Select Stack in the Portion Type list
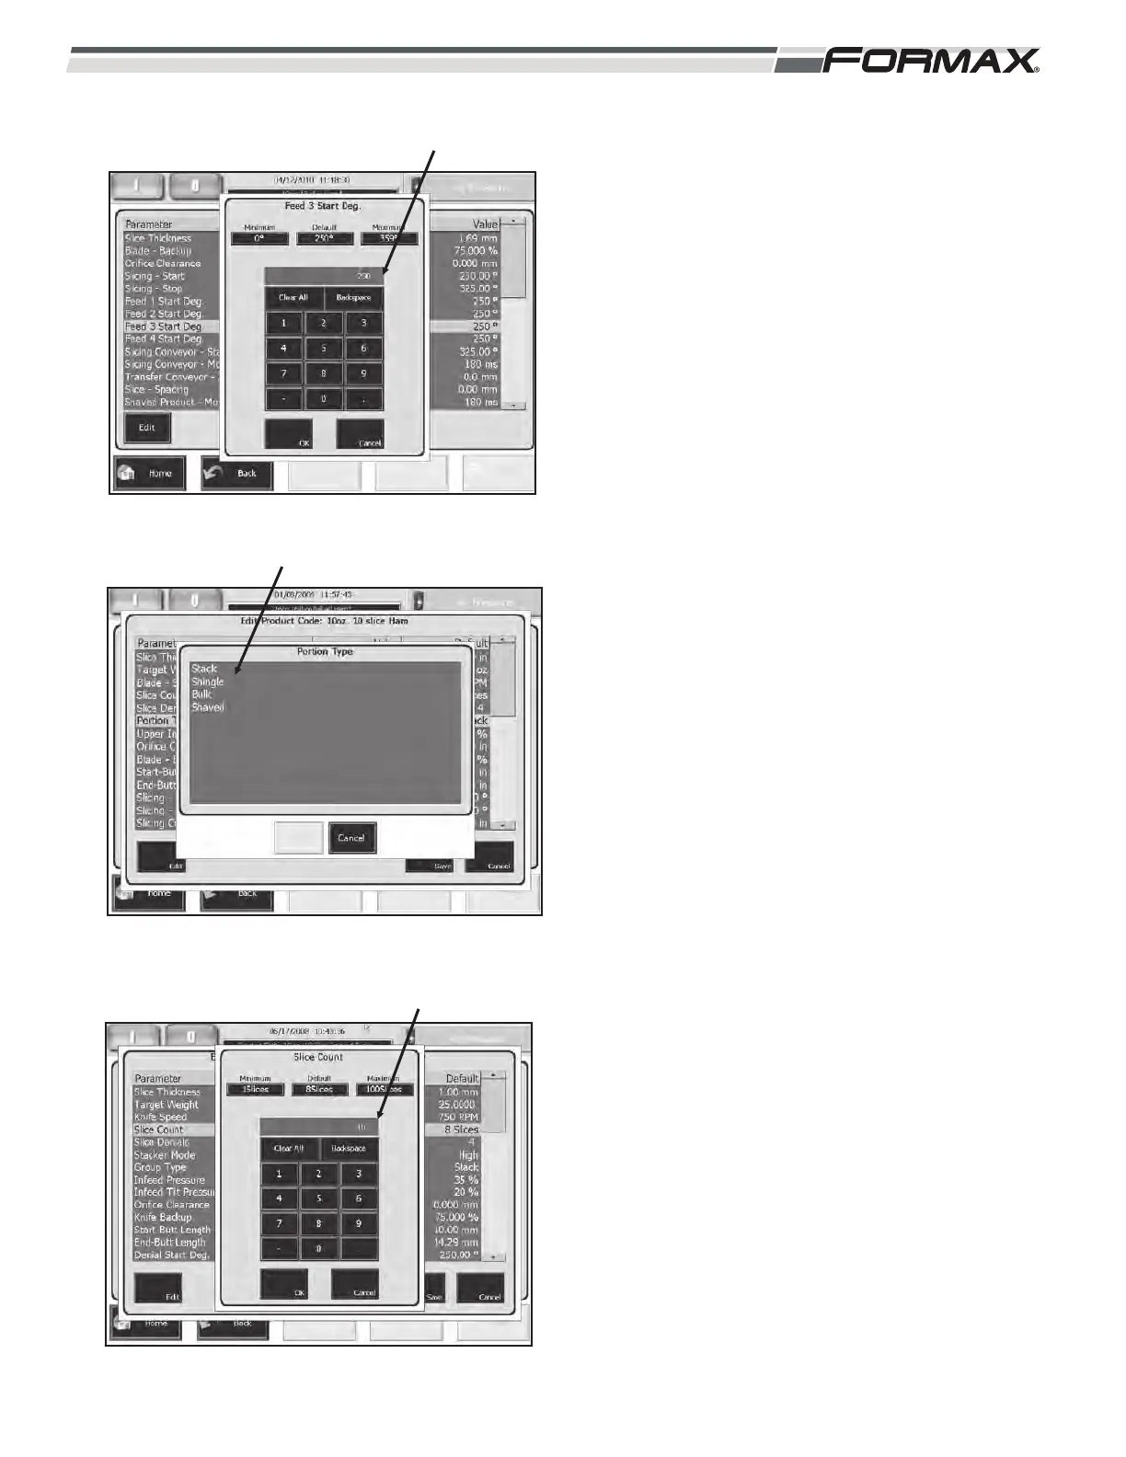click(204, 669)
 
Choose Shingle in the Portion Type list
click(208, 682)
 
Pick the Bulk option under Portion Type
click(201, 694)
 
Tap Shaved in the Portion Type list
click(208, 707)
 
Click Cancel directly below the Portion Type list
click(351, 838)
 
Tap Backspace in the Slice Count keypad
click(349, 1149)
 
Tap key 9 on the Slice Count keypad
click(359, 1223)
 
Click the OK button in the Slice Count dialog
click(284, 1284)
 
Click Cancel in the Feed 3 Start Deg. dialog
click(360, 434)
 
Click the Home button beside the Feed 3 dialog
click(150, 473)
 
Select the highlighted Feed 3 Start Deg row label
click(164, 327)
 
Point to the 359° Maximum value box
click(388, 238)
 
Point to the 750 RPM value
click(457, 1117)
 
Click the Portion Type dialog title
click(325, 651)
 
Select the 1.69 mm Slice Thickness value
click(478, 238)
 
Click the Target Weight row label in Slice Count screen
click(167, 1105)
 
